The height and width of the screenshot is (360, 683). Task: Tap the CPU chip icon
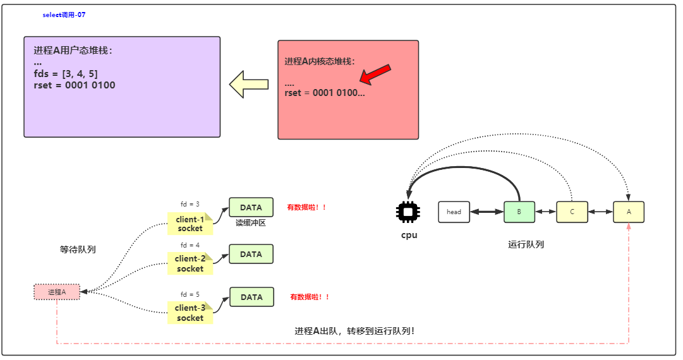point(408,212)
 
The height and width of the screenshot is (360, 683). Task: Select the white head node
point(454,212)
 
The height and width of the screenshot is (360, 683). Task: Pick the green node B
point(519,212)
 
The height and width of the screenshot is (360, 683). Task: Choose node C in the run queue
point(572,212)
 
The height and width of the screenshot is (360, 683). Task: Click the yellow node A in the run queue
point(629,212)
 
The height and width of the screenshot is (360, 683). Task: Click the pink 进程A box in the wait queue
point(57,292)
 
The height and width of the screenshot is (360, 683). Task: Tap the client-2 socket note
point(190,263)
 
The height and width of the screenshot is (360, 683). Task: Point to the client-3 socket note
point(190,313)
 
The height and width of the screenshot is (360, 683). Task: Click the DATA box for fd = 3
point(251,207)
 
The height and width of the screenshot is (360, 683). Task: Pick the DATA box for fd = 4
point(251,254)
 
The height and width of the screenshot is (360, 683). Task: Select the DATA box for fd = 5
point(251,297)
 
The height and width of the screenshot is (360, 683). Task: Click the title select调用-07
point(64,15)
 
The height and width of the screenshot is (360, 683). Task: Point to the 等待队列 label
point(78,249)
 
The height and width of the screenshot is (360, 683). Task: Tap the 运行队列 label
point(526,244)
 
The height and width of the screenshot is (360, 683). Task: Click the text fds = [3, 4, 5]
point(66,74)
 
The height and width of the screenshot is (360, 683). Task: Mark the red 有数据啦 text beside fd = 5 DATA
point(310,297)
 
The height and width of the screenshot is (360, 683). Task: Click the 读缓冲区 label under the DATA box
point(251,223)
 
